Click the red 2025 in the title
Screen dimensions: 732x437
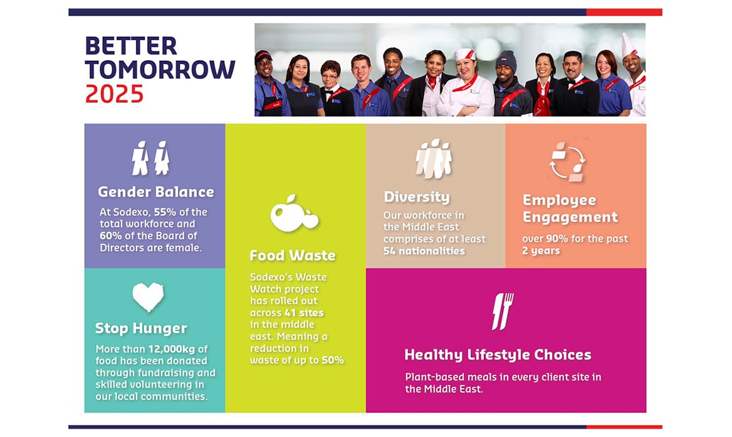tap(114, 94)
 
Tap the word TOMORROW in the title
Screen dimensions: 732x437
tap(160, 70)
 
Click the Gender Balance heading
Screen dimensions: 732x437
tap(156, 192)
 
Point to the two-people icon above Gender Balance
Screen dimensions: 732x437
tap(150, 158)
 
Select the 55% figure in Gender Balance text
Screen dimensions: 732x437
tap(165, 212)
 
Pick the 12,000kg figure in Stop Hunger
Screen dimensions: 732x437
tap(171, 349)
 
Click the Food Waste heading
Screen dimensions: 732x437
tap(292, 255)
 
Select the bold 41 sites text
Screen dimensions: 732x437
tap(304, 313)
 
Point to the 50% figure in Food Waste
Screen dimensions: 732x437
tap(333, 361)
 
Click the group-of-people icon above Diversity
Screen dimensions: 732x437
tap(434, 159)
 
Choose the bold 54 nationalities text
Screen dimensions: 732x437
tap(424, 251)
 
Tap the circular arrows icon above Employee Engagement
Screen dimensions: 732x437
tap(567, 162)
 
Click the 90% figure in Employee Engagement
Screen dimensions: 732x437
tap(557, 239)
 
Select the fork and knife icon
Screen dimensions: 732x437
tap(503, 311)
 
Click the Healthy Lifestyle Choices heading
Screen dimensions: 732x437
tap(498, 355)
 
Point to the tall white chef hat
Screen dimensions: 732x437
tap(628, 45)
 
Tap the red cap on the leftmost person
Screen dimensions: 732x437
tap(263, 56)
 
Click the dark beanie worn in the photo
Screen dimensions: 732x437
tap(506, 60)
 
